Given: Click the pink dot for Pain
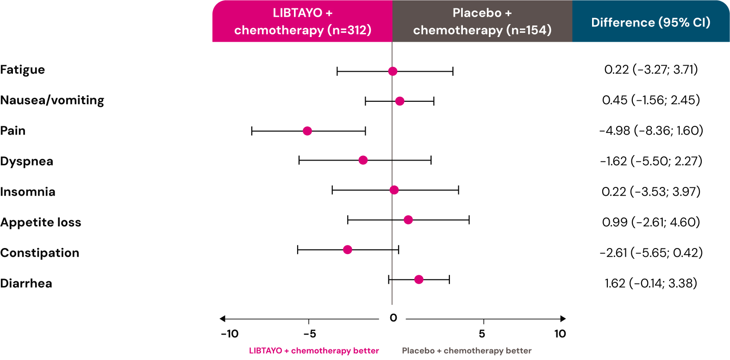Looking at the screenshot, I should (x=307, y=131).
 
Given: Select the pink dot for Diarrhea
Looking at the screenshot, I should (x=419, y=279).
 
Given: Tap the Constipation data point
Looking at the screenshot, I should (x=348, y=250).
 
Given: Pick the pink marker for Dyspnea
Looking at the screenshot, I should (x=363, y=160).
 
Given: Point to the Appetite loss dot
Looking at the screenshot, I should (x=408, y=220).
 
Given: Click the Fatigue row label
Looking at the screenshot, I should (x=23, y=70).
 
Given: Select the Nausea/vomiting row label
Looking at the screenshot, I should (x=52, y=100).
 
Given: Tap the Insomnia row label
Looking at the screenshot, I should (x=28, y=192).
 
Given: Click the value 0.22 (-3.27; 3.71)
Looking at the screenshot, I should (x=651, y=70).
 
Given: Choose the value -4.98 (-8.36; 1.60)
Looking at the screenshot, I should (x=651, y=131).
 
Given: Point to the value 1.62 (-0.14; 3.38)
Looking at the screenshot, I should (x=651, y=283).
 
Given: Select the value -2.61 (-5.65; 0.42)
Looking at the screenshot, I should (x=651, y=253).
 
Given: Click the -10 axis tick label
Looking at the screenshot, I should (x=230, y=334).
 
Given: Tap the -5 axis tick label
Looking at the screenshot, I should (x=309, y=334).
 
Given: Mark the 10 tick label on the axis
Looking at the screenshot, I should (x=560, y=334).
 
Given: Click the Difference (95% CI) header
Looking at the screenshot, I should (x=651, y=22).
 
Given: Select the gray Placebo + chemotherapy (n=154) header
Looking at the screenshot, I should (x=482, y=21).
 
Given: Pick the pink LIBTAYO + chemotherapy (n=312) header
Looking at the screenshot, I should (x=302, y=21).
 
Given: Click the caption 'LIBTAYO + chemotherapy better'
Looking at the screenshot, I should (x=314, y=351).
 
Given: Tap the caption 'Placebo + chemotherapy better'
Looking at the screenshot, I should (x=467, y=351).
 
